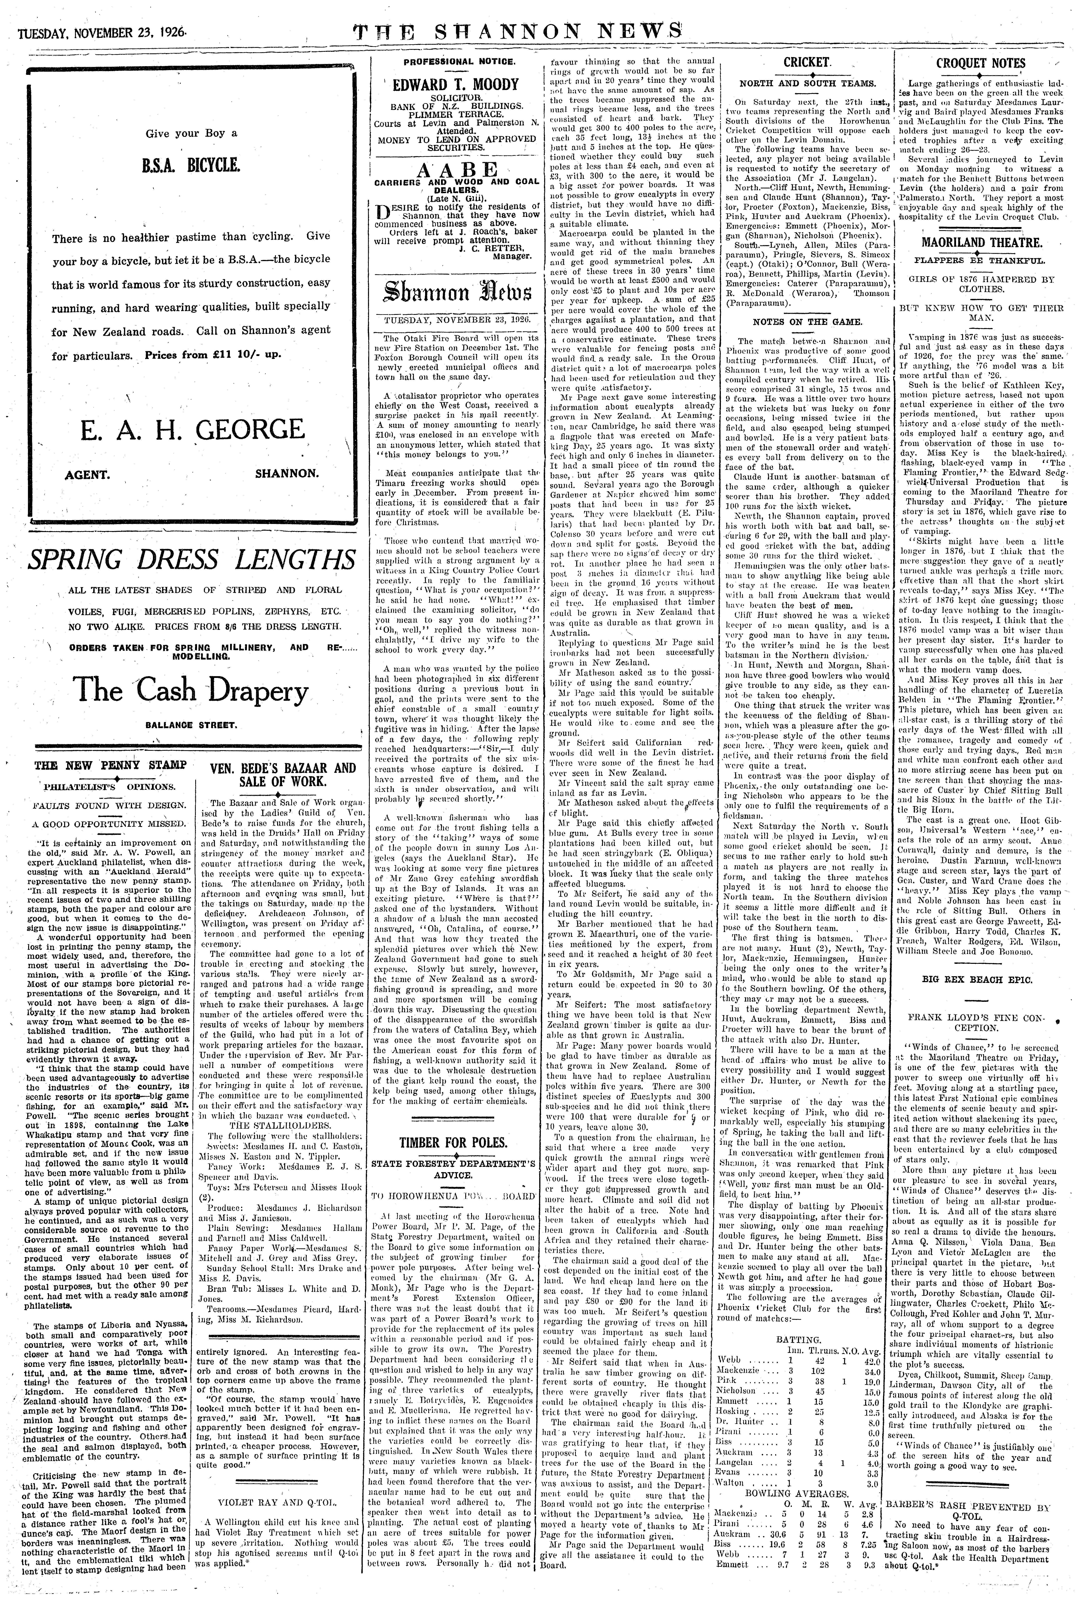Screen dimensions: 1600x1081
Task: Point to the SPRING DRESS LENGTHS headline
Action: tap(192, 560)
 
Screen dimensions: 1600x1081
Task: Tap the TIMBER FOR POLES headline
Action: tap(454, 1142)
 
